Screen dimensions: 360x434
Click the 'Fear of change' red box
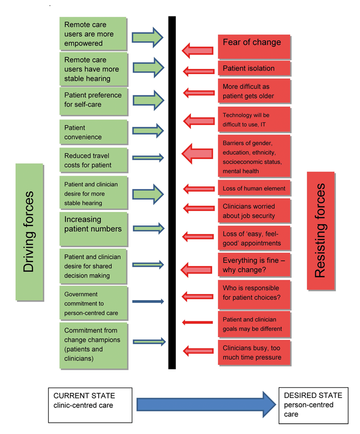[254, 46]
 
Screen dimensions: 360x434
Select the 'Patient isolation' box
[254, 68]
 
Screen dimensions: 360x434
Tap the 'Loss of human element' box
[254, 188]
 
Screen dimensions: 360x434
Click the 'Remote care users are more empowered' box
[93, 33]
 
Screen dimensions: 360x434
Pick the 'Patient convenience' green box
[94, 132]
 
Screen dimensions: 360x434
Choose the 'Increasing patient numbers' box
[94, 229]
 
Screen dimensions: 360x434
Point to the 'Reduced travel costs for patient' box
[94, 160]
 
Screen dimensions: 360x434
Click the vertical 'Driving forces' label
[29, 232]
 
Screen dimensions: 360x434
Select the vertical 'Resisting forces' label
[321, 231]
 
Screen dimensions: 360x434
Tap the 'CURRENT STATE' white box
[90, 405]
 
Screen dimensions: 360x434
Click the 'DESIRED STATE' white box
[313, 406]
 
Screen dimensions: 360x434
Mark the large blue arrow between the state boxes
[206, 405]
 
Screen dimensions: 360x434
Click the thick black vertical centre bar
[172, 193]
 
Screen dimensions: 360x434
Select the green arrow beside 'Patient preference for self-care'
[149, 100]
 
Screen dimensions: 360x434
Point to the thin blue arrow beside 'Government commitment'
[148, 301]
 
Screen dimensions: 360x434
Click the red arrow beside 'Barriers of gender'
[197, 153]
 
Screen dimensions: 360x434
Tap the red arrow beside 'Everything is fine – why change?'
[196, 270]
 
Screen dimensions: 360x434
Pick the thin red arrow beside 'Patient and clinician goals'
[197, 322]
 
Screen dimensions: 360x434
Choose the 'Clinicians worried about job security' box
[254, 211]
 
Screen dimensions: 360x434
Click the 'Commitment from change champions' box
[94, 345]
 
